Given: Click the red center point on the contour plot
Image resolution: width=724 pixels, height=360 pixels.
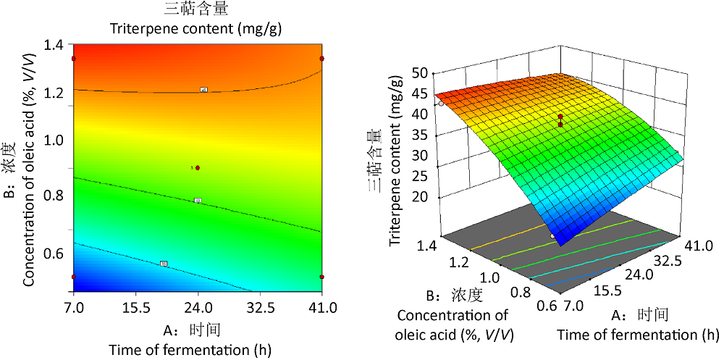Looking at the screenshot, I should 198,167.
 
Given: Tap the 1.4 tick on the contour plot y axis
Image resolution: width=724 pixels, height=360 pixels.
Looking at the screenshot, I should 55,45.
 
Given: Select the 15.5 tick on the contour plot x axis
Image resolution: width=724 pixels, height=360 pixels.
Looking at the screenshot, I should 135,307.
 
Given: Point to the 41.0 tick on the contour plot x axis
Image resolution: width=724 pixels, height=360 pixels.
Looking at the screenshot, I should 321,307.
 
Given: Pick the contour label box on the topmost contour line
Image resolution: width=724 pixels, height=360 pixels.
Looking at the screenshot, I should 204,90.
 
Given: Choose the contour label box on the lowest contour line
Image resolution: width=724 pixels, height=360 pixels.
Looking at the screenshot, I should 164,264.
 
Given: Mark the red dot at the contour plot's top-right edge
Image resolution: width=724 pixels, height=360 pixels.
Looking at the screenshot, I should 321,59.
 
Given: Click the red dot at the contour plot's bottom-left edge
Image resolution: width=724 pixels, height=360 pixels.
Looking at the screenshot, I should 73,277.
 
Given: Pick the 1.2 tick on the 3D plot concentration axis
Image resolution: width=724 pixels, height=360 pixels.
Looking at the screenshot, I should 462,260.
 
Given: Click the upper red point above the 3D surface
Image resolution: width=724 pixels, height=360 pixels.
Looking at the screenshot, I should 560,117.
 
